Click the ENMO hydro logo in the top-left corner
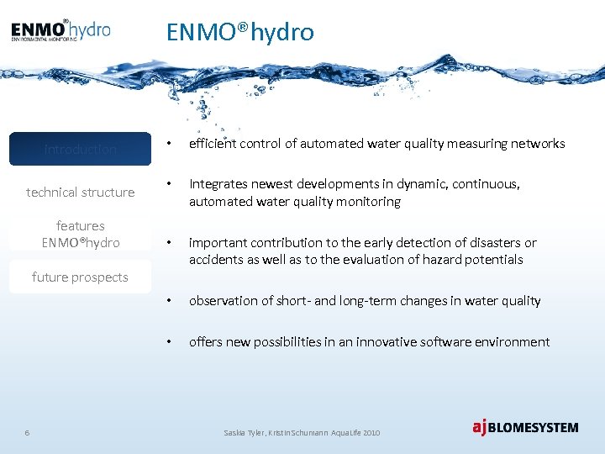tap(60, 30)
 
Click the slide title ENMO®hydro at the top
tap(239, 32)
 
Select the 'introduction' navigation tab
tap(80, 149)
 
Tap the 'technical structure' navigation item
tap(80, 192)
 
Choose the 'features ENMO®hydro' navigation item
tap(80, 234)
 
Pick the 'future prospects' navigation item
tap(80, 277)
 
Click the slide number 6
tap(27, 432)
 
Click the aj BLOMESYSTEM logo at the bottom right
tap(524, 427)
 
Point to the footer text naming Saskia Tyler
tap(302, 432)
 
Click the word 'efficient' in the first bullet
tap(213, 144)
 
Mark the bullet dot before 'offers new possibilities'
tap(169, 342)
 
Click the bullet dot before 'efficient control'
tap(169, 144)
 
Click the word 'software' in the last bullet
tap(450, 342)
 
